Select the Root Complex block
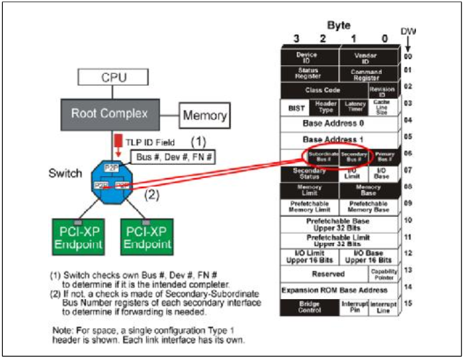pos(109,114)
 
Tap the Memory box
pos(205,115)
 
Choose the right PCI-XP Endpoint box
pos(147,237)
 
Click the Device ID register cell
pos(310,57)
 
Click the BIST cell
pos(295,107)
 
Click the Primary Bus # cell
pos(384,157)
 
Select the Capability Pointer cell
pos(384,274)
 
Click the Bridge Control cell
pos(309,307)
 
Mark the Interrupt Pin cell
pos(354,307)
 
